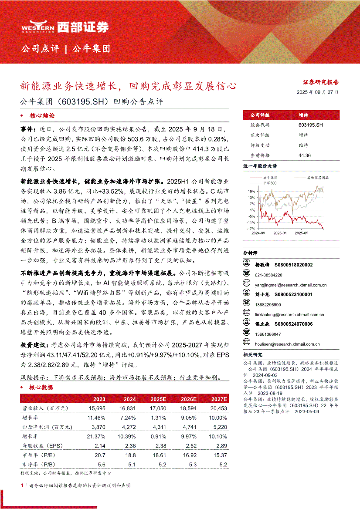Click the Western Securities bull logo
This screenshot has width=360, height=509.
pyautogui.click(x=38, y=27)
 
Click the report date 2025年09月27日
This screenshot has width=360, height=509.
pyautogui.click(x=317, y=92)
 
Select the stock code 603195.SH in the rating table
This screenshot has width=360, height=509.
pyautogui.click(x=311, y=125)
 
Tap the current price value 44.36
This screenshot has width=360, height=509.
pyautogui.click(x=305, y=155)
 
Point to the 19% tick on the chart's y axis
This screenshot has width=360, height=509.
pyautogui.click(x=251, y=191)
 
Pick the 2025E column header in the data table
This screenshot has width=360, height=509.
pyautogui.click(x=158, y=399)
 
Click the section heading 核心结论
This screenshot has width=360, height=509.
pyautogui.click(x=42, y=116)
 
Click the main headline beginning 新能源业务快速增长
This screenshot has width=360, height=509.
pyautogui.click(x=129, y=85)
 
